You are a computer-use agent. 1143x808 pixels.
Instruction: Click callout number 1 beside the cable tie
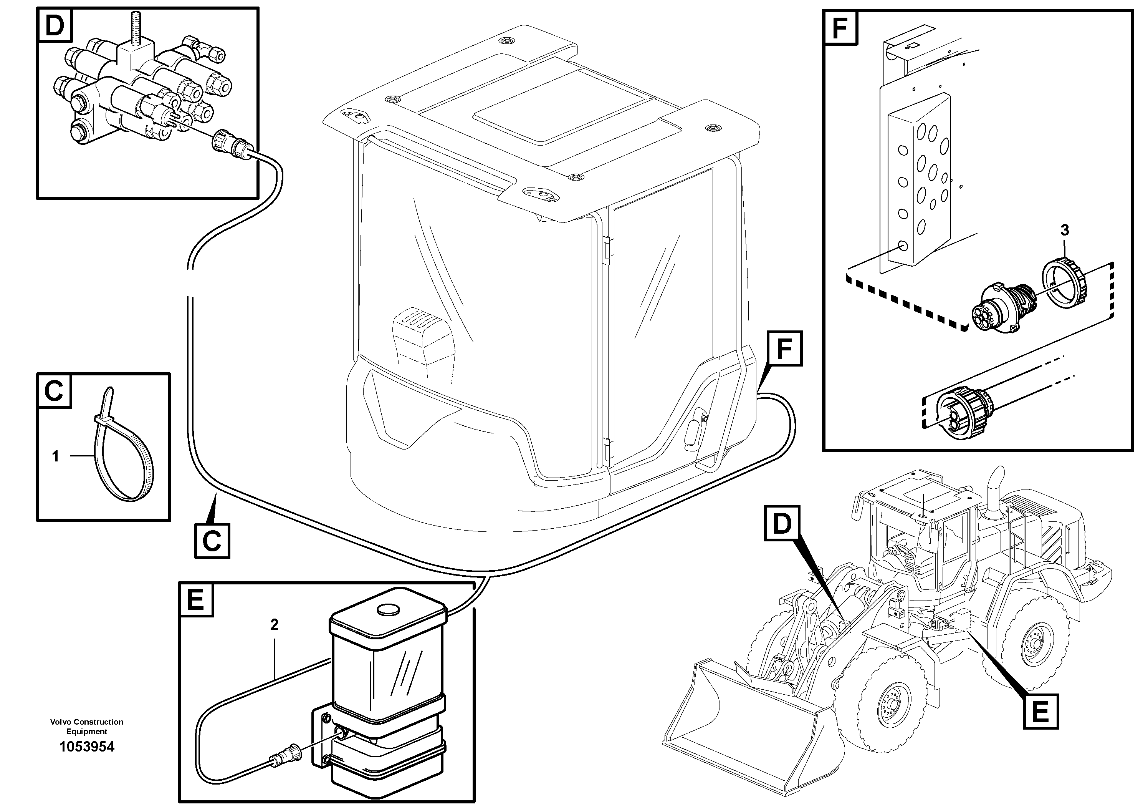point(56,456)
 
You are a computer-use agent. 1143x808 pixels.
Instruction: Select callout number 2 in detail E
point(274,625)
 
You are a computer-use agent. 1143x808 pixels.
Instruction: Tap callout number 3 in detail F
point(1065,230)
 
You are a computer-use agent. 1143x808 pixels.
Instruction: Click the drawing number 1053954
point(87,747)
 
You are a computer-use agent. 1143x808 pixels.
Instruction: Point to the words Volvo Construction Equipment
point(87,726)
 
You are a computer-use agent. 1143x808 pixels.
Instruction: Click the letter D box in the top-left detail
point(55,25)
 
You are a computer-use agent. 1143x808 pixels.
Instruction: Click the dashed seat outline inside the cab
point(423,344)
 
